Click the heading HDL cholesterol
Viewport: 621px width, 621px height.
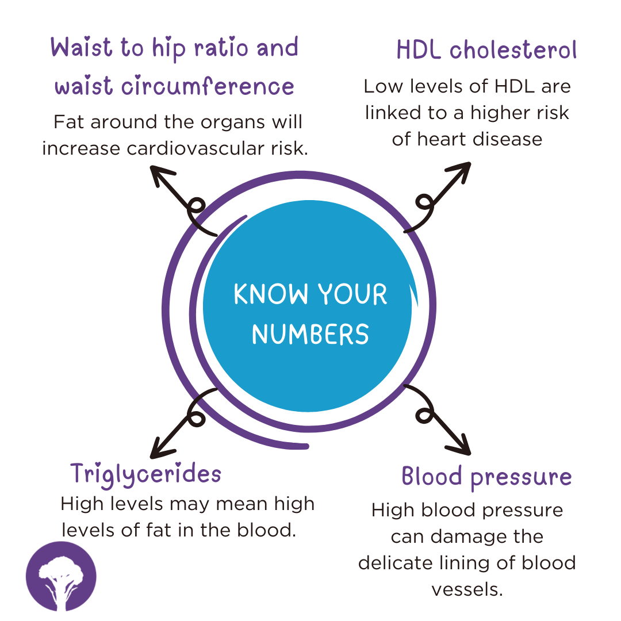(x=486, y=50)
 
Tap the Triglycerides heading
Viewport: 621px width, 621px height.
(x=145, y=474)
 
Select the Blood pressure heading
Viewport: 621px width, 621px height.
(x=487, y=477)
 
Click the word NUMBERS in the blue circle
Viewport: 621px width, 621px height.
(x=310, y=334)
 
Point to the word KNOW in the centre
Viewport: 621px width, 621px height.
(x=271, y=294)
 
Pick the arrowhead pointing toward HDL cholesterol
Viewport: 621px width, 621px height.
(x=460, y=171)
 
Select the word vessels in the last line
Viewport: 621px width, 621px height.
(x=467, y=590)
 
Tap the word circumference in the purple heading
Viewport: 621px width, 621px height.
(x=208, y=86)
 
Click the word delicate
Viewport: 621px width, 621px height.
(x=395, y=563)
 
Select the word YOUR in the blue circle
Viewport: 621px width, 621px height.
(x=352, y=294)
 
